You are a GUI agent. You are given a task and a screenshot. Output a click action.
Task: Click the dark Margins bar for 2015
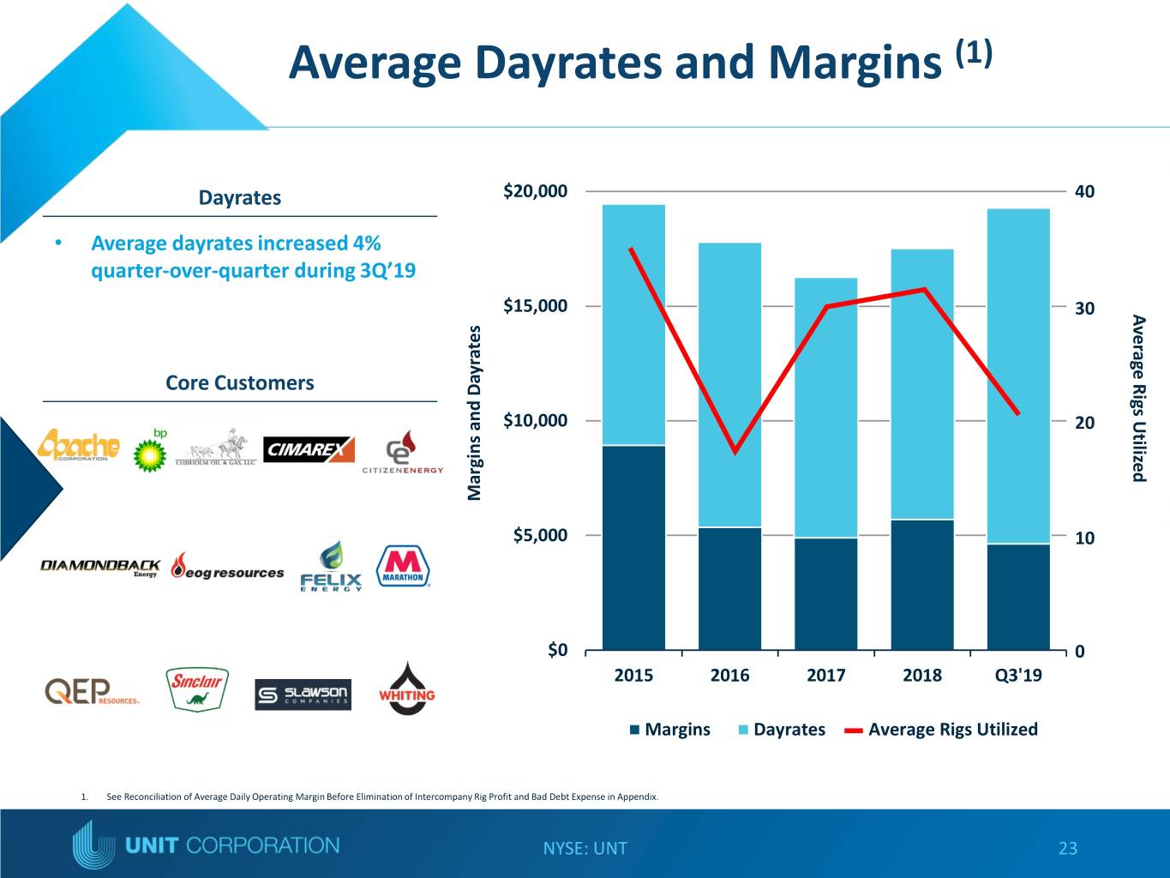click(633, 548)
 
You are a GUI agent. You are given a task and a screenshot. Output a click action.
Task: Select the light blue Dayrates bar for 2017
click(825, 408)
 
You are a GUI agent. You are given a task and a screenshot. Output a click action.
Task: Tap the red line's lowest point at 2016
click(735, 452)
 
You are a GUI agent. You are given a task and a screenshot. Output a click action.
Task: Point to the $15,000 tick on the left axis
click(535, 306)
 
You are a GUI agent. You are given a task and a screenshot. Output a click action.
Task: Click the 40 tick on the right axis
click(1084, 191)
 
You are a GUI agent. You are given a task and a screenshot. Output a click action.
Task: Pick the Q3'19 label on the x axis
click(1018, 676)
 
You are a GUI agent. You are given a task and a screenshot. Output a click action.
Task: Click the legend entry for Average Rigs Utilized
click(941, 730)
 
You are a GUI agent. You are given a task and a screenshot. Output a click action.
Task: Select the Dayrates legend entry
click(782, 730)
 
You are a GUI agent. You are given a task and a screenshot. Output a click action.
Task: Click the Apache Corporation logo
click(79, 446)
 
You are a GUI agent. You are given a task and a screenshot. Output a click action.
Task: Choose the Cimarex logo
click(309, 449)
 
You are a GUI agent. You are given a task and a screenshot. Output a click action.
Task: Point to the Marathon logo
click(403, 566)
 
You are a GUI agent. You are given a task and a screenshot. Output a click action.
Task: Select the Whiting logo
click(407, 689)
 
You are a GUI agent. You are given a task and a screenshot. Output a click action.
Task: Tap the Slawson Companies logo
click(303, 695)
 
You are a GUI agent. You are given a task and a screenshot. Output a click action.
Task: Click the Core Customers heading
click(240, 382)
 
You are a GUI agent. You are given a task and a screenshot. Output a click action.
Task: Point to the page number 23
click(1068, 848)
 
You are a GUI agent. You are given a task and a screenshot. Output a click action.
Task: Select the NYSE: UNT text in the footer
click(585, 848)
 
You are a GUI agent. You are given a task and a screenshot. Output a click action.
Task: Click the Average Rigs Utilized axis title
click(1138, 398)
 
